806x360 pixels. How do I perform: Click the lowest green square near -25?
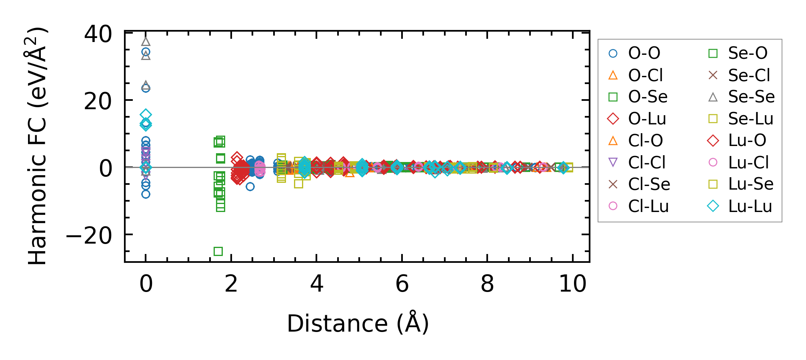coord(218,251)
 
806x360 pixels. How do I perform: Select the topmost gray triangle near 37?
coord(146,41)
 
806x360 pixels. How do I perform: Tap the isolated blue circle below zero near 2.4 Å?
coord(250,186)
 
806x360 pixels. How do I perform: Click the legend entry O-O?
coord(644,53)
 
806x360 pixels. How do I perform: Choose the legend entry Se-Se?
coord(751,97)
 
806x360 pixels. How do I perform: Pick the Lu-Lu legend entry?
coord(750,206)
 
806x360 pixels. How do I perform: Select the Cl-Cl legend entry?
coord(646,162)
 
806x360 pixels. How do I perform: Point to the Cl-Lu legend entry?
coord(648,206)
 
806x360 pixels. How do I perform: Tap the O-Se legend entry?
coord(648,97)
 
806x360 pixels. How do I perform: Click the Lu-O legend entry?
coord(747,140)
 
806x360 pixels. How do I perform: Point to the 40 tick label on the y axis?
coord(98,34)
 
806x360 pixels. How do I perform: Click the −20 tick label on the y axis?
coord(89,236)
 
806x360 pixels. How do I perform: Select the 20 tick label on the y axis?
coord(98,102)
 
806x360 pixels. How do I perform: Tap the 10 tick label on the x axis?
coord(572,284)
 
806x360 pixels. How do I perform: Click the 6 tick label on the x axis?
coord(402,284)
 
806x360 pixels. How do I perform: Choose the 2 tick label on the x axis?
coord(231,284)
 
